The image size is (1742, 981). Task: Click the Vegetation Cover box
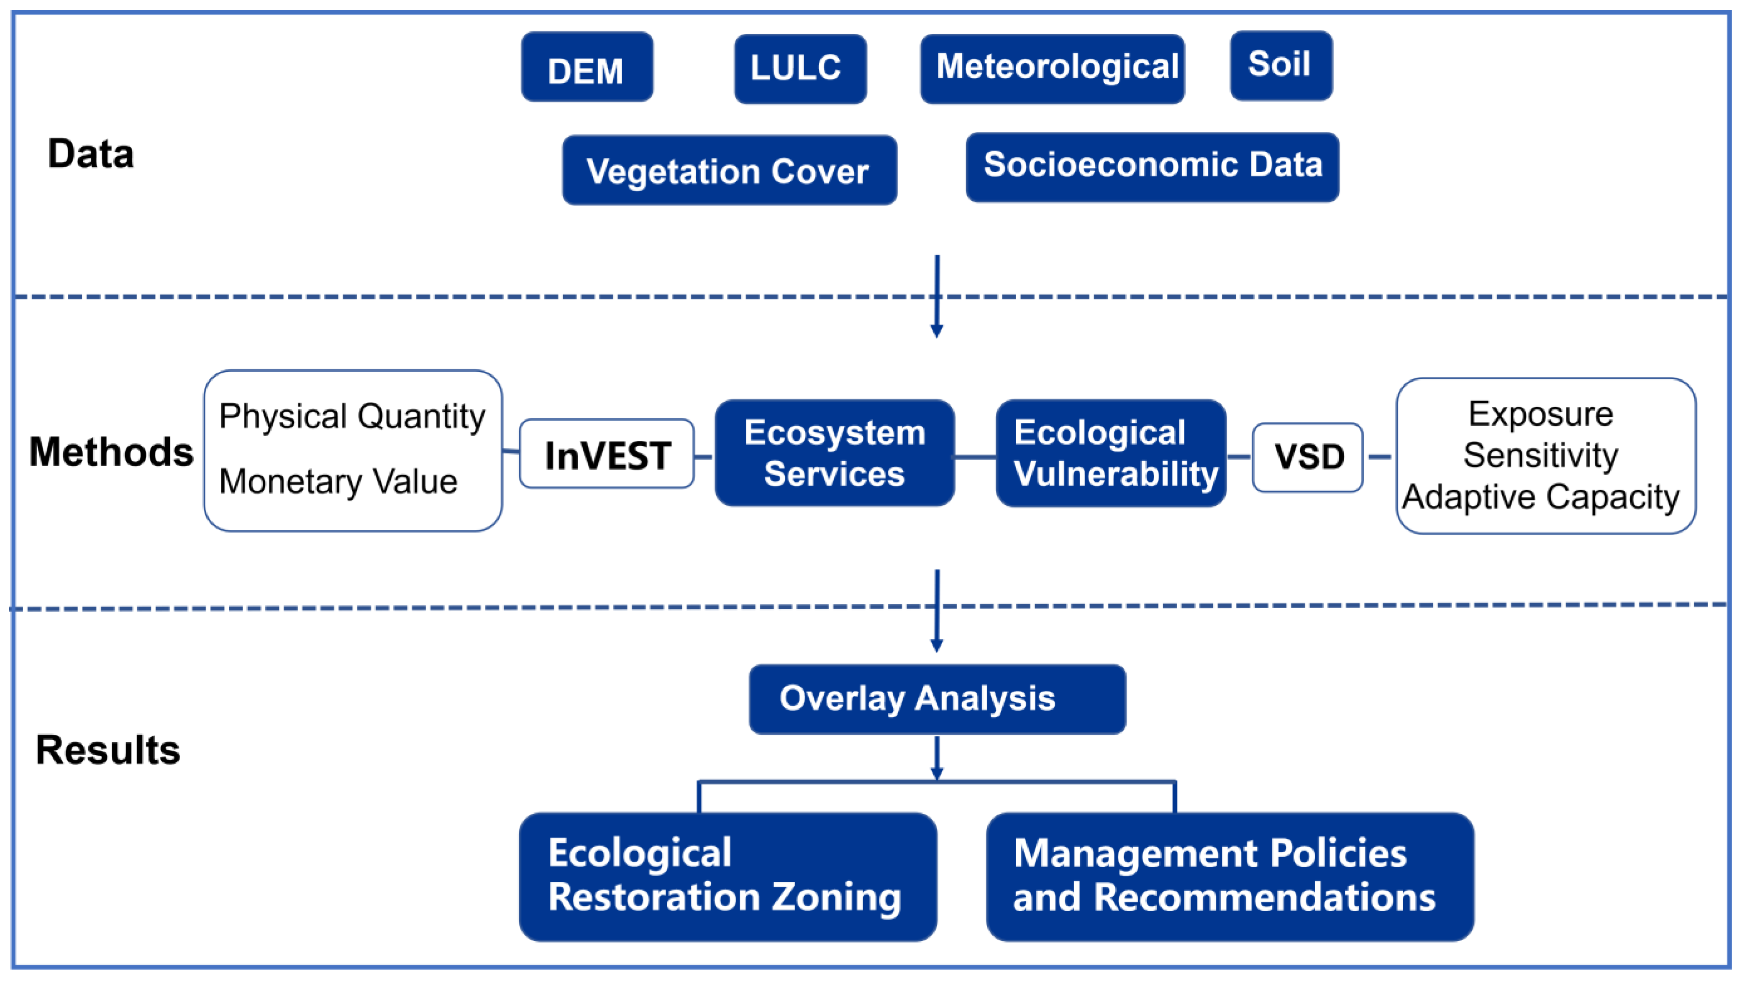click(x=729, y=170)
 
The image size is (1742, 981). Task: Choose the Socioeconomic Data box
click(x=1152, y=167)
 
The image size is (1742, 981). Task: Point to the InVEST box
click(x=607, y=454)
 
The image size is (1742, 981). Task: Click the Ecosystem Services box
click(x=835, y=453)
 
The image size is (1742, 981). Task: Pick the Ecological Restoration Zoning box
click(x=728, y=876)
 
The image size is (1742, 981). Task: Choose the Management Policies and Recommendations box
click(x=1230, y=876)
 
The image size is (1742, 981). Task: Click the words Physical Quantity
click(x=352, y=416)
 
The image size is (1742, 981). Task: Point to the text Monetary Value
click(x=338, y=481)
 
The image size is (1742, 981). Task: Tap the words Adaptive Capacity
click(x=1540, y=497)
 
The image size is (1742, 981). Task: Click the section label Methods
click(x=111, y=452)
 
